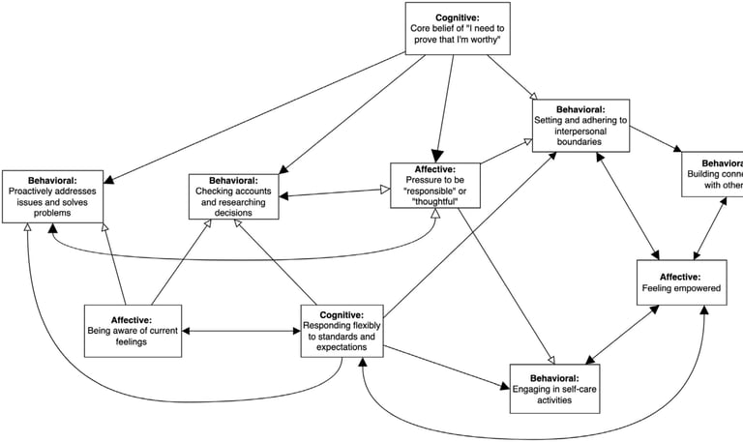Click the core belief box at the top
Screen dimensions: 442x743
[457, 29]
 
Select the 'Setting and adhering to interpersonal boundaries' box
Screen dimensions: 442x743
[580, 125]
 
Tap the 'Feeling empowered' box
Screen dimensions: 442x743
[681, 282]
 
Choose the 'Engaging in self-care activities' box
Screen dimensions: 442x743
[554, 389]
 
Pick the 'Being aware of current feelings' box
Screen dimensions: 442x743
[133, 330]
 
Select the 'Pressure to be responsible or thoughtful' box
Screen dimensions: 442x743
[435, 185]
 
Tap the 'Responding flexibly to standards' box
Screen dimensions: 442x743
[342, 330]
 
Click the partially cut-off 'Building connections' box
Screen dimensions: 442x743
[713, 174]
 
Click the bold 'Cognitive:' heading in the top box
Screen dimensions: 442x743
[457, 17]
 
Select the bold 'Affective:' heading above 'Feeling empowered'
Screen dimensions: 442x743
[681, 277]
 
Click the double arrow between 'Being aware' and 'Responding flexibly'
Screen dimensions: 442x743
[241, 331]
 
